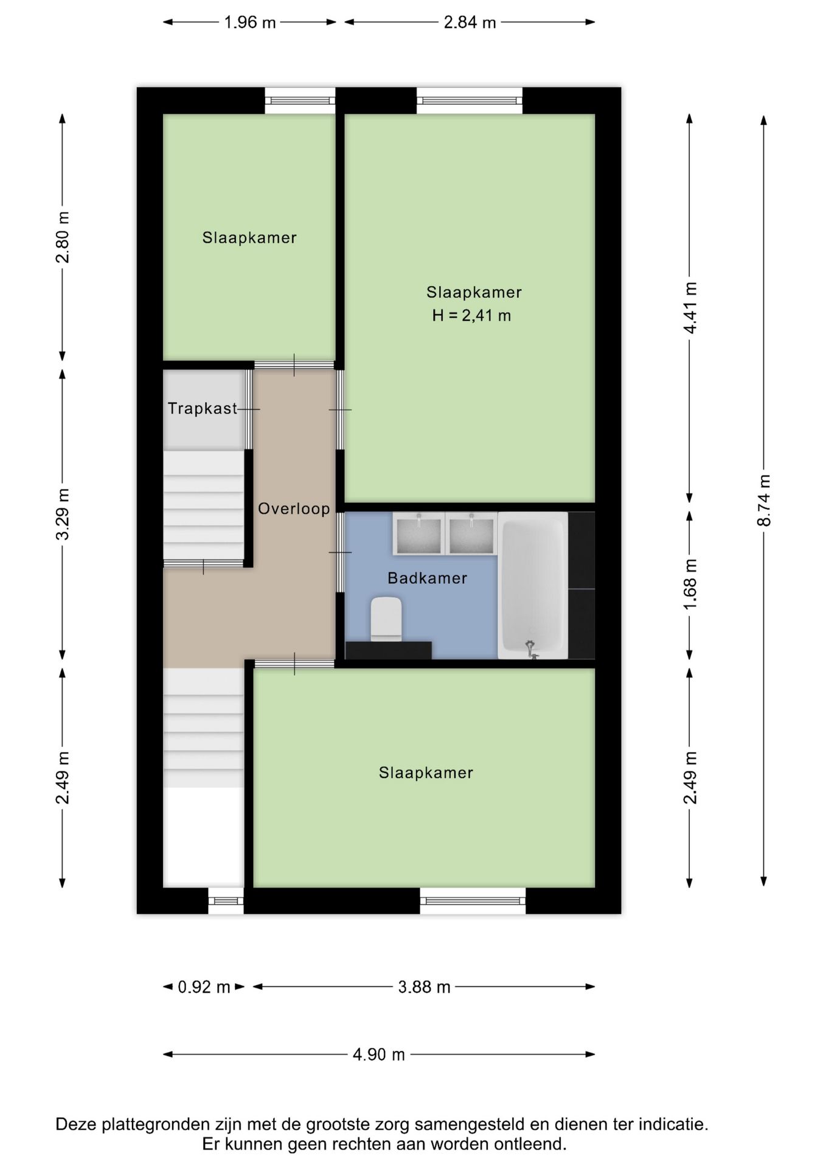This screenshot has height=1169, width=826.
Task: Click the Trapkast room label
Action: point(203,408)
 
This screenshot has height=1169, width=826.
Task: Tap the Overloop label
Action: point(294,508)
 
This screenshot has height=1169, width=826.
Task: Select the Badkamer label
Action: point(428,578)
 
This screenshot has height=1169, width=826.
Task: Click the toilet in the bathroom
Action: point(387,619)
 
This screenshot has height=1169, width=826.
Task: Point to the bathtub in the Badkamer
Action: point(533,585)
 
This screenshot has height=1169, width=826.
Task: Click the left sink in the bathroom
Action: point(418,533)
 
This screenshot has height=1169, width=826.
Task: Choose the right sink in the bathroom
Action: point(470,533)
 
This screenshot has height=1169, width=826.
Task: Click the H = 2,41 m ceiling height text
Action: point(471,315)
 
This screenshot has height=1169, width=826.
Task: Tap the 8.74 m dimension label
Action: point(765,500)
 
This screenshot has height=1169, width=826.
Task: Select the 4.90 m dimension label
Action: point(379,1054)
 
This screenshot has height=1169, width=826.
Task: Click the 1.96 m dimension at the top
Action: point(250,23)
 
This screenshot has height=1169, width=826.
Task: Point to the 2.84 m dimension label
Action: point(470,23)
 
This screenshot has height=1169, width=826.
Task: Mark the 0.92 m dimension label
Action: point(204,986)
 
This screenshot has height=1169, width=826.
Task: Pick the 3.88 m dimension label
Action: point(425,986)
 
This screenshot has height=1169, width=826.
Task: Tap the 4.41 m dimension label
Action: point(690,307)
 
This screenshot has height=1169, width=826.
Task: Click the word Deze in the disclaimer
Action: point(76,1124)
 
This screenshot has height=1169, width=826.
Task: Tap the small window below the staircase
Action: point(226,900)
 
